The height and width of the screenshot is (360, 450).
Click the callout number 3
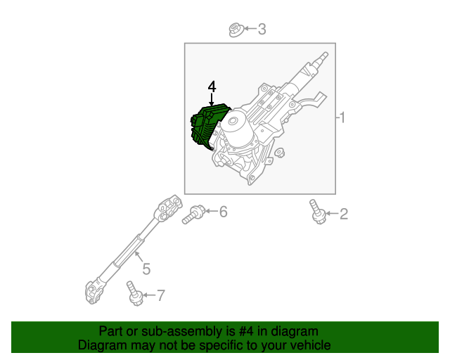click(262, 30)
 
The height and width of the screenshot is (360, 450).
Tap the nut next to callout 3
click(236, 30)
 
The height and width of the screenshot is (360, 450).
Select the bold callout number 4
click(212, 86)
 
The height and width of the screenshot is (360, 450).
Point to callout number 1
click(342, 117)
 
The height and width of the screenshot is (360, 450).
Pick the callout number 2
click(344, 214)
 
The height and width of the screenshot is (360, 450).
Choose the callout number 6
click(223, 211)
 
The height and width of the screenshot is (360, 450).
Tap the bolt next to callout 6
click(193, 214)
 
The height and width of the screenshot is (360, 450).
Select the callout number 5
click(146, 268)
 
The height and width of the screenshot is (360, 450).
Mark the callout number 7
click(161, 295)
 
